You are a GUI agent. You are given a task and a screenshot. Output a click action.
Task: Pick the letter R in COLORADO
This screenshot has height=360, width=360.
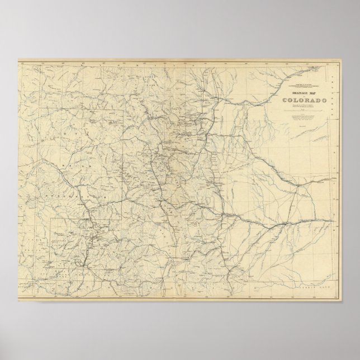pyautogui.click(x=300, y=100)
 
